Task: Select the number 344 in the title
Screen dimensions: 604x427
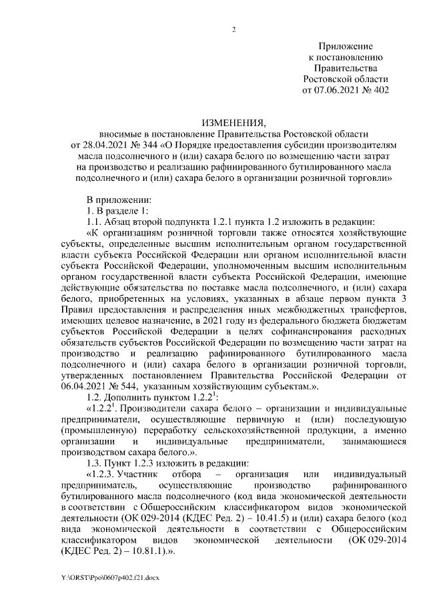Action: click(147, 143)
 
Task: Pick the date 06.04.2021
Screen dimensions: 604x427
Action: click(82, 385)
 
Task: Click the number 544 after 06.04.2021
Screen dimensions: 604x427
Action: click(127, 385)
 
